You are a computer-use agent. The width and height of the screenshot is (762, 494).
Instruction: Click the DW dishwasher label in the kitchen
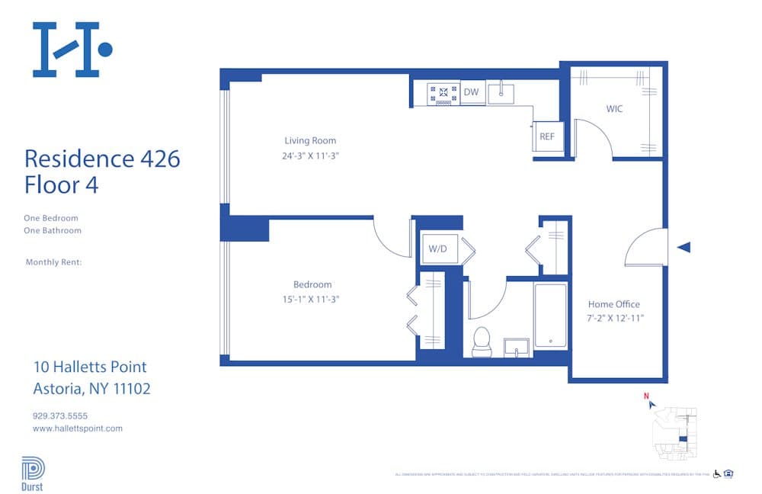click(x=472, y=92)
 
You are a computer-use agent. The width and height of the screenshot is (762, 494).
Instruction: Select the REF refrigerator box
click(x=547, y=136)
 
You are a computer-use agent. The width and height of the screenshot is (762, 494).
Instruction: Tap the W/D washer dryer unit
click(x=437, y=249)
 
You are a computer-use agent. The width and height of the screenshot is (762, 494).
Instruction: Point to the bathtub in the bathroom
click(x=550, y=316)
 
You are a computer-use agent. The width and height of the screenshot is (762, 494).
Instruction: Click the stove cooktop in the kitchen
click(x=442, y=93)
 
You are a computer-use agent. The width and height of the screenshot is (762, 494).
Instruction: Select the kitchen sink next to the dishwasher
click(x=501, y=93)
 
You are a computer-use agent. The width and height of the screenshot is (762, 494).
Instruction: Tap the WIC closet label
click(x=614, y=109)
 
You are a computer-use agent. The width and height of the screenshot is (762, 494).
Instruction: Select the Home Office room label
click(x=614, y=304)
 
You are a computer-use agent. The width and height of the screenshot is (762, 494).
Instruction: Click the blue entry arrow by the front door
click(x=684, y=247)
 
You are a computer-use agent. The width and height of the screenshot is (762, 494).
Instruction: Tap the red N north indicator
click(x=646, y=396)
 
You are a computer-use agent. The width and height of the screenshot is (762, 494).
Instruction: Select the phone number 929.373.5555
click(x=60, y=416)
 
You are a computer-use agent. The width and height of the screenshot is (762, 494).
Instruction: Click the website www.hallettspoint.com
click(x=78, y=428)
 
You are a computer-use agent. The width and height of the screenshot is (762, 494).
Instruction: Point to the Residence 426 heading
click(x=102, y=159)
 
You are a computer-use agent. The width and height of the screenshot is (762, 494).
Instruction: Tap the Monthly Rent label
click(x=53, y=262)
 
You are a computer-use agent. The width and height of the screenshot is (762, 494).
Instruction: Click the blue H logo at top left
click(x=72, y=50)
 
